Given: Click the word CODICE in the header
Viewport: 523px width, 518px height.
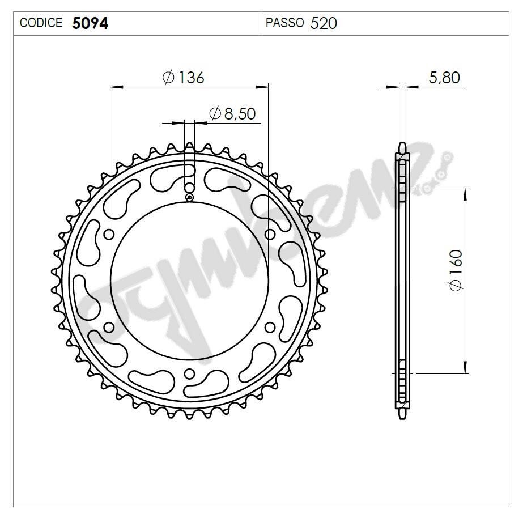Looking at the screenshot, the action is [41, 23].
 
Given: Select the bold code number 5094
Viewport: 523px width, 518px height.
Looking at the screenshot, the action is [90, 23].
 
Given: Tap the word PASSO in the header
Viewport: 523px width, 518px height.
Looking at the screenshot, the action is [284, 23].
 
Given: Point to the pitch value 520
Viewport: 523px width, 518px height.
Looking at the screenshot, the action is [324, 23].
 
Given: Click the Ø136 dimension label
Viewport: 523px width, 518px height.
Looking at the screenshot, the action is [183, 78].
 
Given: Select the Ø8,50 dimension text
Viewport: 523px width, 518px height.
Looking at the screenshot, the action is [232, 113].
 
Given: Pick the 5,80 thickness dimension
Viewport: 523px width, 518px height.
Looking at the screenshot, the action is [444, 78].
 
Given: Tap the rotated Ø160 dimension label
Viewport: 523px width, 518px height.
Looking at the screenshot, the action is [456, 270].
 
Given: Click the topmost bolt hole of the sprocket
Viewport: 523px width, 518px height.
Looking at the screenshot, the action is [189, 188].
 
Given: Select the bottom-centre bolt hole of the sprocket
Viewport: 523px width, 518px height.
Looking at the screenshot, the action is [189, 374].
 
